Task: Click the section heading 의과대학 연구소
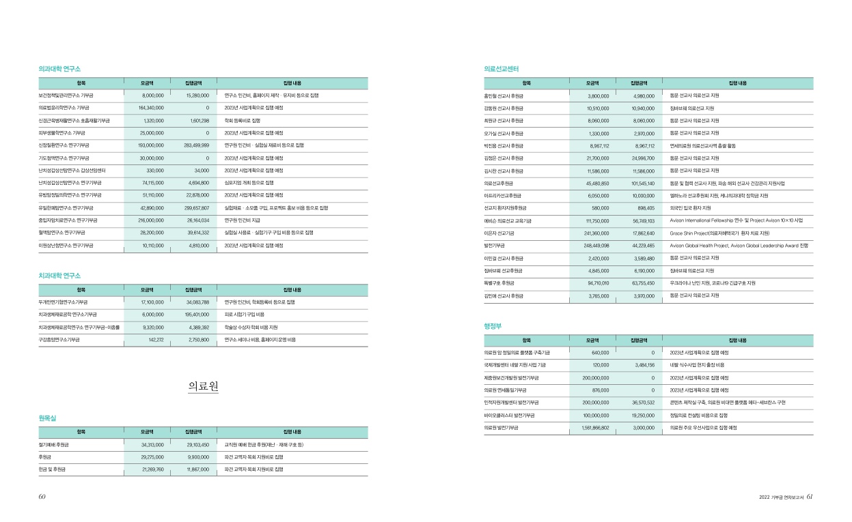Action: pyautogui.click(x=60, y=69)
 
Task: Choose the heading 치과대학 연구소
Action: pyautogui.click(x=60, y=276)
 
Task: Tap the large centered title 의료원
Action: pyautogui.click(x=203, y=386)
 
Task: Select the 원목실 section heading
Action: pyautogui.click(x=47, y=418)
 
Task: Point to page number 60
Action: pyautogui.click(x=42, y=497)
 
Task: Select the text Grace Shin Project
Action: pyautogui.click(x=694, y=233)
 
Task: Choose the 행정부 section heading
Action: pyautogui.click(x=492, y=326)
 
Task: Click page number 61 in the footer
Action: pyautogui.click(x=809, y=497)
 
